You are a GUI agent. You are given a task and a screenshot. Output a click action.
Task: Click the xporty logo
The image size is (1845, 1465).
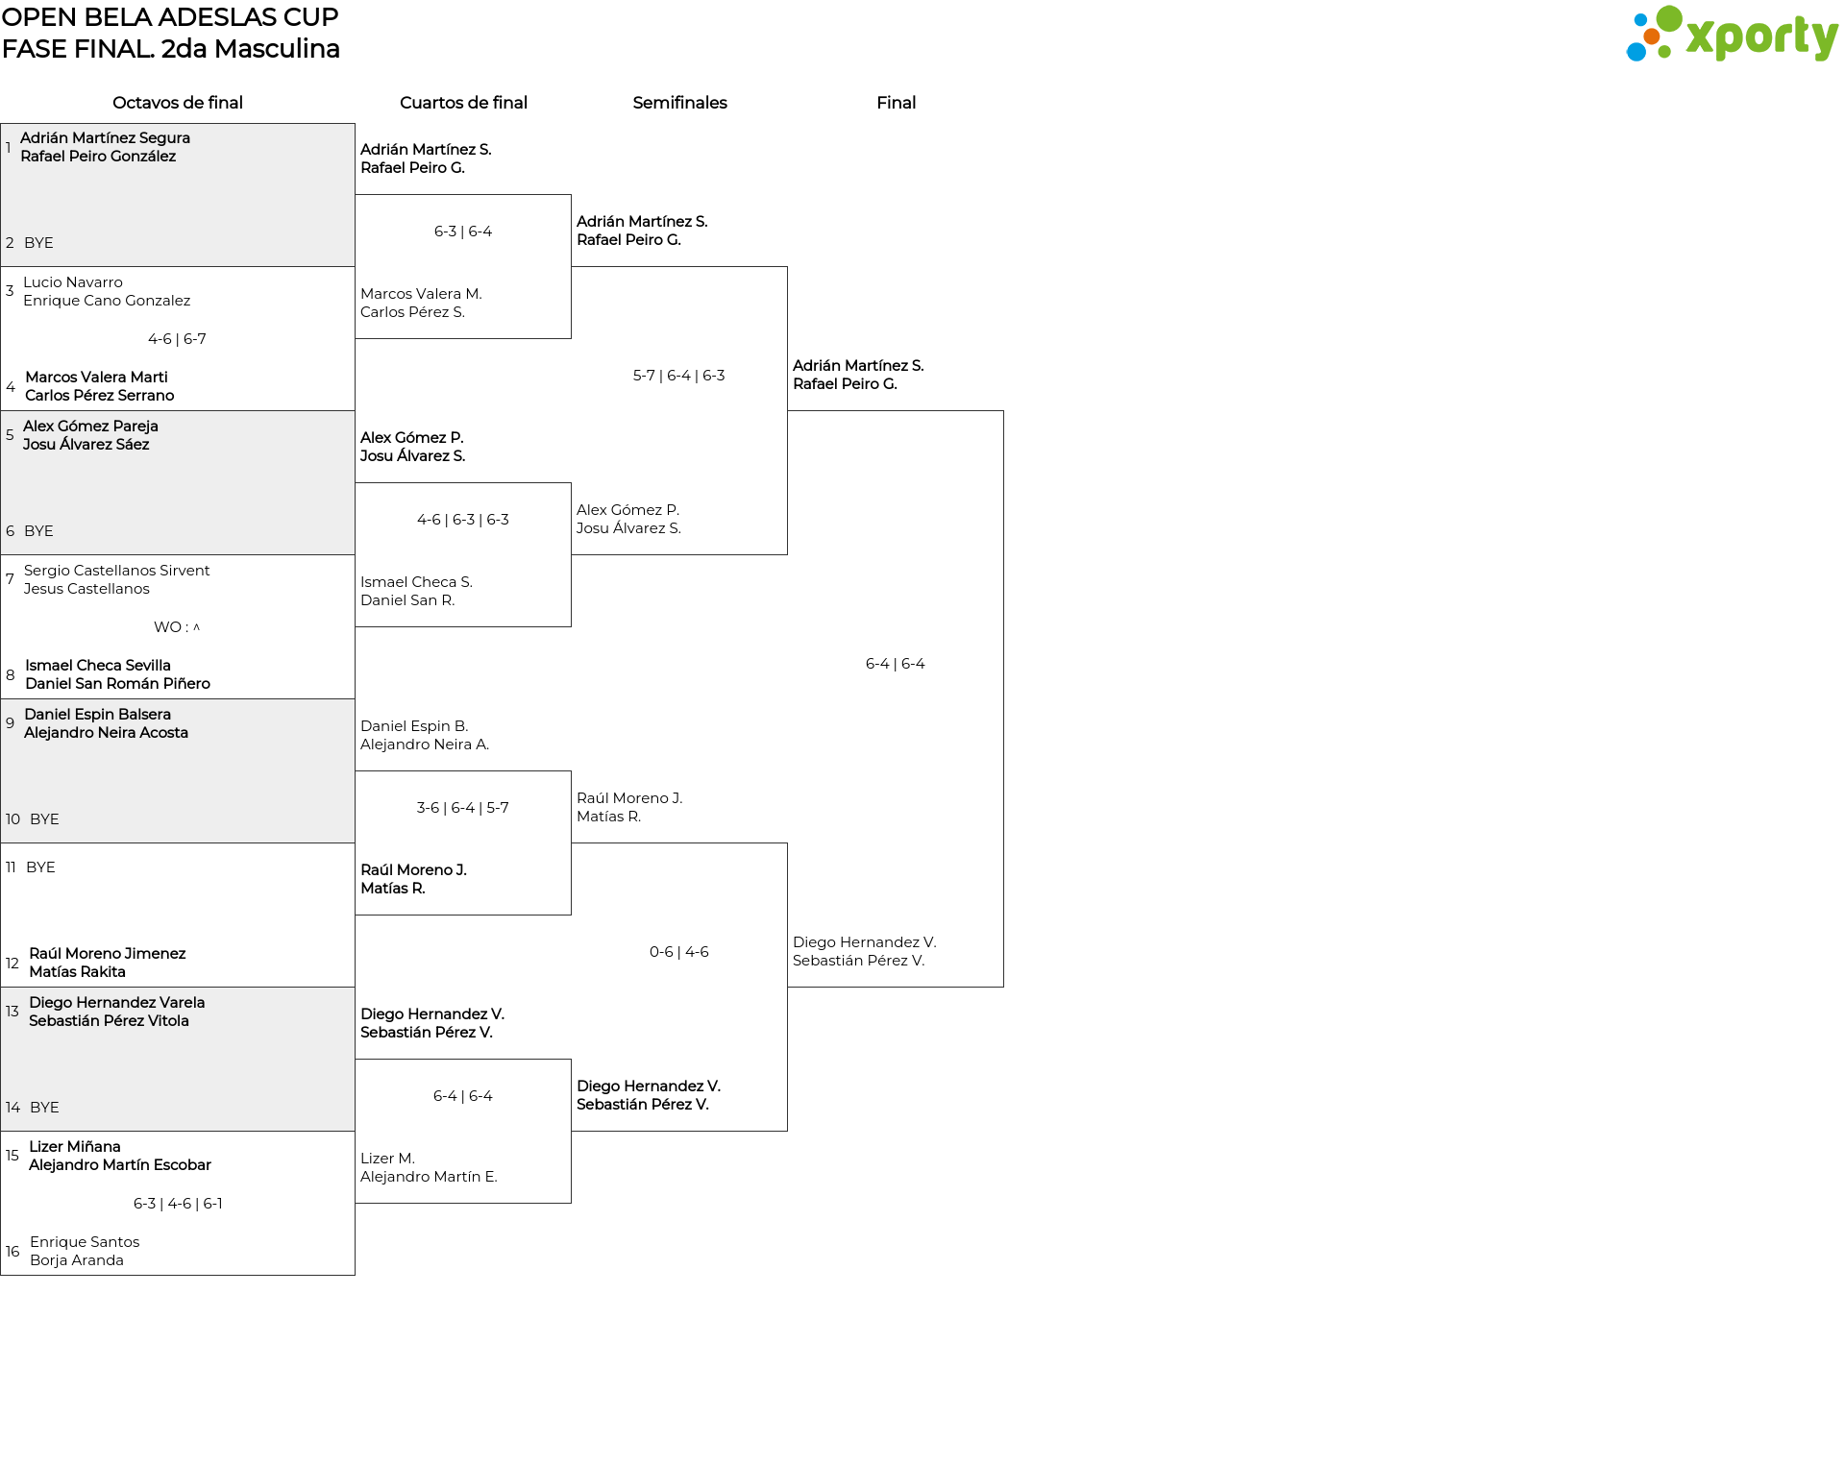(x=1732, y=35)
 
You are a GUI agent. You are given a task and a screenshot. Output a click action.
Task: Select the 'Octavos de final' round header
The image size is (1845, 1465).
(x=178, y=103)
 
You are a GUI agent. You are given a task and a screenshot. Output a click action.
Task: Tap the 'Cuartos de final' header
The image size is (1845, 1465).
(x=463, y=103)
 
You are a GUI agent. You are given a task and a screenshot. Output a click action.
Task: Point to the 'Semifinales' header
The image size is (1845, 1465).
(x=679, y=103)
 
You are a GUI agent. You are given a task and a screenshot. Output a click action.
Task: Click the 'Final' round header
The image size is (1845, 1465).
(x=896, y=103)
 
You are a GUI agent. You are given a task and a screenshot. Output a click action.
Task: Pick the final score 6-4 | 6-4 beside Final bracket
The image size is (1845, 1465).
(x=896, y=664)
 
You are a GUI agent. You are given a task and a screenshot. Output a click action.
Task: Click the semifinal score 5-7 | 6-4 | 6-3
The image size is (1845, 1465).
(x=679, y=376)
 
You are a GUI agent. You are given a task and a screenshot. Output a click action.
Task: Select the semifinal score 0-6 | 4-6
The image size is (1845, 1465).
(x=679, y=952)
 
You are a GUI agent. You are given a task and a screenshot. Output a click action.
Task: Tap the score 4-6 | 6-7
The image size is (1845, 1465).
(x=178, y=339)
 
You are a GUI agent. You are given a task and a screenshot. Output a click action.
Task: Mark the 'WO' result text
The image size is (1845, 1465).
(x=168, y=627)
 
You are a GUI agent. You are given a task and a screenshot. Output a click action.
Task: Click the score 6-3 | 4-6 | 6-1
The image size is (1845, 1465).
(x=178, y=1204)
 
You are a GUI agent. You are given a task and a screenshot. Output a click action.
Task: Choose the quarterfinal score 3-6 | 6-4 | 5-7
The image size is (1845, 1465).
(x=463, y=808)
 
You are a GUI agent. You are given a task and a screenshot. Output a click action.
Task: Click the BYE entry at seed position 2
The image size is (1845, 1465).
(x=38, y=243)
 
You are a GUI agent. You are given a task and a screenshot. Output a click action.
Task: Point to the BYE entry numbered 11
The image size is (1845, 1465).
(x=40, y=867)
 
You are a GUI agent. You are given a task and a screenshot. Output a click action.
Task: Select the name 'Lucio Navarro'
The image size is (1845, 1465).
(x=73, y=282)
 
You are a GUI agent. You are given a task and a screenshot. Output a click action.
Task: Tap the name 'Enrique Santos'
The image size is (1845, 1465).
(x=85, y=1242)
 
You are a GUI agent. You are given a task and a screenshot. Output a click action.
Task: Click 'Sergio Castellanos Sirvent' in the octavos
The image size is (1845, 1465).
(x=116, y=571)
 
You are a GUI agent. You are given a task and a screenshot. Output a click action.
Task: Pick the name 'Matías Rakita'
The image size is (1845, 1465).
(x=77, y=972)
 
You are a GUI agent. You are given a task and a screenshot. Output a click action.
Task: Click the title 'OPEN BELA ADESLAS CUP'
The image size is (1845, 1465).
(x=170, y=17)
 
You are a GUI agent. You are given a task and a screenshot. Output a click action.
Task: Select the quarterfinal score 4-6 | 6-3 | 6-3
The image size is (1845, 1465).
(x=463, y=520)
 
